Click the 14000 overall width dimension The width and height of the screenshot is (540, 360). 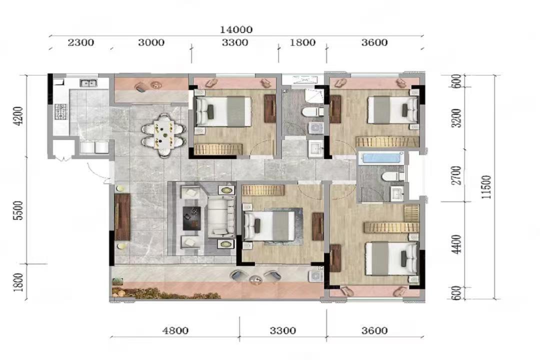pos(236,29)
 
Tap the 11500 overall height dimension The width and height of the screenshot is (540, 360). pos(486,187)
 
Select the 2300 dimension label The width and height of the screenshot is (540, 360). pos(81,42)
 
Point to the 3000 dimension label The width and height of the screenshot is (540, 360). pos(151,42)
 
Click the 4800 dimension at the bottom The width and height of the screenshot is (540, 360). pos(175,330)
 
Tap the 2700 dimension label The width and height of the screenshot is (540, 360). pos(456,175)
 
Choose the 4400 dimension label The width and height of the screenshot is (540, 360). pos(456,244)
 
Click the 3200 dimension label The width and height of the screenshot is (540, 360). pos(456,118)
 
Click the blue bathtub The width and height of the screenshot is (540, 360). pos(381,158)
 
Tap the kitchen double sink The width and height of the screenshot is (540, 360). pos(89,83)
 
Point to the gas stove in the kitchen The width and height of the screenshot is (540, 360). pos(60,112)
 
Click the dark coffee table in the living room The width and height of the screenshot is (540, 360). pos(192,218)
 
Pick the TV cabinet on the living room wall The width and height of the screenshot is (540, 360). pos(122,217)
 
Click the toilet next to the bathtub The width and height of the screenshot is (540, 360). pos(393,176)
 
